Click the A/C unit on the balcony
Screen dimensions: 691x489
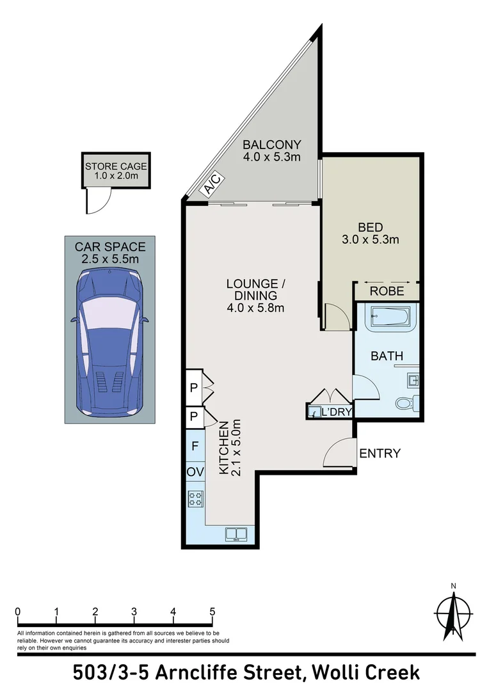click(212, 186)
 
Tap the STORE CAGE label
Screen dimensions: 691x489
click(116, 167)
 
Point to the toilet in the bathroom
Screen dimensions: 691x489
click(405, 404)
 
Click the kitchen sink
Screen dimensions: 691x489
click(237, 533)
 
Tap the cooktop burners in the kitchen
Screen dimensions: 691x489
click(195, 498)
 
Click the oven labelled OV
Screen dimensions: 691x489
click(195, 472)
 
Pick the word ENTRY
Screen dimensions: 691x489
click(380, 454)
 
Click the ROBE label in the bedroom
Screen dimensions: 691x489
click(387, 291)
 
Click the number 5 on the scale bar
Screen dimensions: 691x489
click(212, 611)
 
